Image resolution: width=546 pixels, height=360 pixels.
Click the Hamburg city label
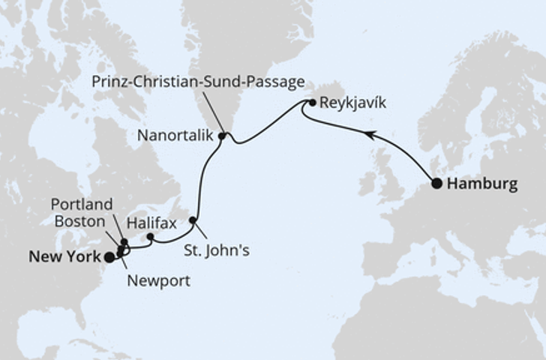pyautogui.click(x=481, y=184)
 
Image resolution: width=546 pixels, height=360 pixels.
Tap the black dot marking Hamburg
pyautogui.click(x=436, y=182)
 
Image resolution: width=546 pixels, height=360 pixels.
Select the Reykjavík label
pyautogui.click(x=352, y=103)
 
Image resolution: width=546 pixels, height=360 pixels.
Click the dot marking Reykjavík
pyautogui.click(x=312, y=103)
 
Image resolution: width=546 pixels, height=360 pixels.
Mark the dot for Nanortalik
pyautogui.click(x=222, y=136)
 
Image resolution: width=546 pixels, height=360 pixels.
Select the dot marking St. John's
pyautogui.click(x=193, y=220)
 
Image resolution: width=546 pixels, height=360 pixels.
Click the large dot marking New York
pyautogui.click(x=109, y=257)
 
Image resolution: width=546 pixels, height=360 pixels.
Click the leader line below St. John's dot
pyautogui.click(x=200, y=231)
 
